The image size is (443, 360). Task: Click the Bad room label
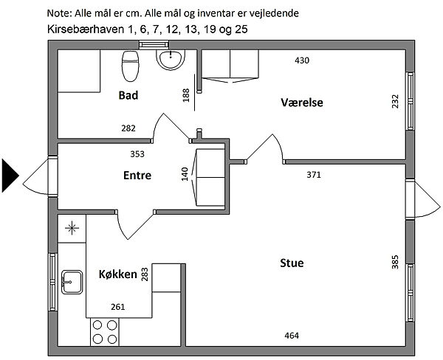click(x=128, y=95)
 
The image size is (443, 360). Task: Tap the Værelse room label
click(x=302, y=103)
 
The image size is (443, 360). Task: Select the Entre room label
click(x=137, y=176)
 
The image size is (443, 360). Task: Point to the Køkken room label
click(x=118, y=274)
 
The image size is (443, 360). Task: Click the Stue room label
click(x=292, y=263)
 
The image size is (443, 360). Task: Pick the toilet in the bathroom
click(x=130, y=66)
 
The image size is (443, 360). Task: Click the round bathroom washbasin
click(x=171, y=60)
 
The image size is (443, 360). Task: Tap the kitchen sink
click(x=72, y=282)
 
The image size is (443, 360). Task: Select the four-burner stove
click(x=105, y=332)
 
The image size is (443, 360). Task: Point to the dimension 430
click(x=302, y=60)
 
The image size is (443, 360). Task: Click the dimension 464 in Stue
click(x=292, y=336)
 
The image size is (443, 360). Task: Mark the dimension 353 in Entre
click(x=137, y=154)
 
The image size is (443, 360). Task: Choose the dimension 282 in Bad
click(x=128, y=128)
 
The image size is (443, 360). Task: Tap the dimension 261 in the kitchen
click(x=118, y=307)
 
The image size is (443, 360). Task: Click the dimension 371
click(x=314, y=175)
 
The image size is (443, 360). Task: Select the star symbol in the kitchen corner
click(x=72, y=228)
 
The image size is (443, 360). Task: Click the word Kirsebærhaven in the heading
click(x=86, y=29)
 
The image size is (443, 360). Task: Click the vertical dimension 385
click(x=395, y=262)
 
